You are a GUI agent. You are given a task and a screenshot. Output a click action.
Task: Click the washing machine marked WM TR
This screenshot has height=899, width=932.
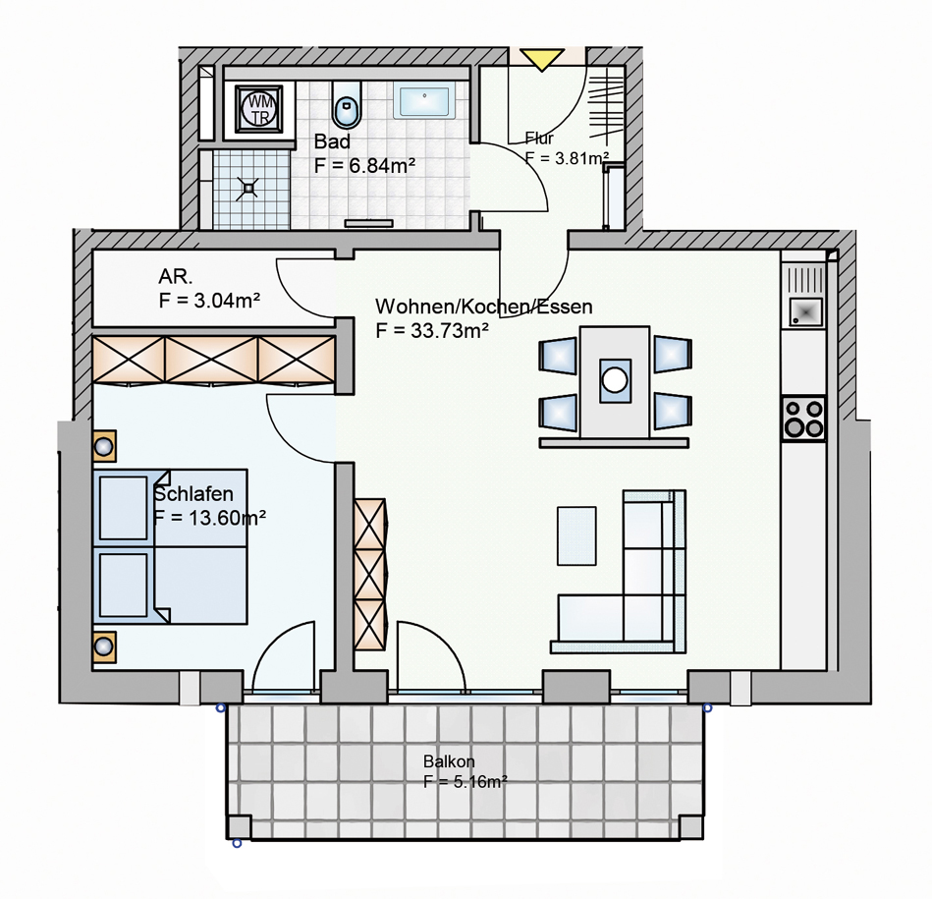click(x=259, y=109)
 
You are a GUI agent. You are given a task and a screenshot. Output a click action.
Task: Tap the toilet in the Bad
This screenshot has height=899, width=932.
click(x=347, y=105)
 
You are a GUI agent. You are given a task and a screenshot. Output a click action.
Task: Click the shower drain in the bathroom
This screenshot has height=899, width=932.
click(x=247, y=189)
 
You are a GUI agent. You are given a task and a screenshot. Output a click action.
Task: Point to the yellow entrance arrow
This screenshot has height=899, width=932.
click(x=542, y=60)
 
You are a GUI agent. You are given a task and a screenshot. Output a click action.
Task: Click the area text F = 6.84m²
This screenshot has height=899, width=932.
click(x=364, y=165)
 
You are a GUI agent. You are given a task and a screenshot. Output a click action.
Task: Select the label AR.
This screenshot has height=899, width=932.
click(x=176, y=276)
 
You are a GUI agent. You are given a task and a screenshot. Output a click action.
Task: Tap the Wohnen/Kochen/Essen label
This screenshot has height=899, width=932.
click(x=484, y=307)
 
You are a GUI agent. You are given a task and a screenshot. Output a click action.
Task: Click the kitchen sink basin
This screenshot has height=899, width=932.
click(x=806, y=312)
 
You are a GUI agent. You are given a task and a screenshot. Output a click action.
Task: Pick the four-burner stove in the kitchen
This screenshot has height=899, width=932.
click(x=804, y=419)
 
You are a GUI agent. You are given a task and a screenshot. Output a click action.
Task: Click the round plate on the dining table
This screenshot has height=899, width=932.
click(x=615, y=379)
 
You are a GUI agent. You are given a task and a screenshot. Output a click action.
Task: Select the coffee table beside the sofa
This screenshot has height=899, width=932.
click(x=576, y=535)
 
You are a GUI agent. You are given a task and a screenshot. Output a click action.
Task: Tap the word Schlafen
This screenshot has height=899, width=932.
click(x=193, y=494)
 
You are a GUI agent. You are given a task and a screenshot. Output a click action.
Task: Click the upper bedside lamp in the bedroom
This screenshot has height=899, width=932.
click(x=104, y=446)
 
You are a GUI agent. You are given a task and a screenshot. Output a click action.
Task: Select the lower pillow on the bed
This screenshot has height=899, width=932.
click(x=123, y=585)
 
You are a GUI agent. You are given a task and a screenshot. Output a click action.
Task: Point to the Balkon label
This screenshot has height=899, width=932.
click(x=449, y=761)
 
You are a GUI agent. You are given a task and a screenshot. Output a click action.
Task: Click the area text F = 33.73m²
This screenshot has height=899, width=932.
click(x=432, y=330)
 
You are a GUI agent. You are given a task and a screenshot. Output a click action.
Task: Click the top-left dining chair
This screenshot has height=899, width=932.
click(x=558, y=356)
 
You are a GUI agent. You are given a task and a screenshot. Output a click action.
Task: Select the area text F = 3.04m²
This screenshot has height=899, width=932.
click(x=209, y=301)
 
